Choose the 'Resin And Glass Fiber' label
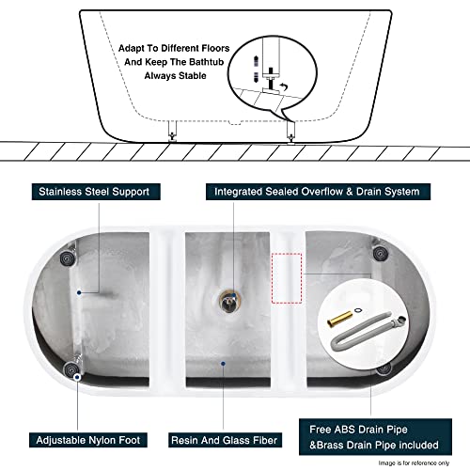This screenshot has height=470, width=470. (x=225, y=439)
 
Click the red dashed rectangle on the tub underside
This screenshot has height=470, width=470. (x=286, y=278)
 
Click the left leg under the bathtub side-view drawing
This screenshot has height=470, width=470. (x=170, y=133)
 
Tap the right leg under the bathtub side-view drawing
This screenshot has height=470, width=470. (x=290, y=133)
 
